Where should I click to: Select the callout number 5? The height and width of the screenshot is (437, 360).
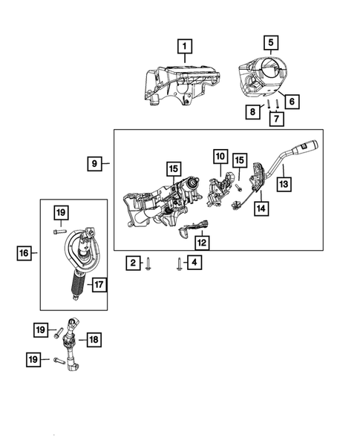coord(271,42)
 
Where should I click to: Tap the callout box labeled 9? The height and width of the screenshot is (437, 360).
coord(94,162)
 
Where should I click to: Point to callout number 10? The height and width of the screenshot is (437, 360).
coord(220,157)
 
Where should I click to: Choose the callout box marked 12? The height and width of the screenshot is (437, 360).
coord(201,242)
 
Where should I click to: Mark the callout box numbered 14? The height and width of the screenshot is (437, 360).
coord(261,209)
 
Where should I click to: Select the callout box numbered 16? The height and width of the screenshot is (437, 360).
coord(24,254)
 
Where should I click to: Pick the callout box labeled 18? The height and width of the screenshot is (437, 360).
coord(94,339)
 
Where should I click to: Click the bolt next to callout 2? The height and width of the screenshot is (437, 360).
coord(148,263)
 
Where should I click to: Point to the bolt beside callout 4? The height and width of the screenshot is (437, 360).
coord(179,263)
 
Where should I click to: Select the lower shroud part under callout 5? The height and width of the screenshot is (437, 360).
coord(264,78)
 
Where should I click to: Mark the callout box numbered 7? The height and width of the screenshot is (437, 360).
coord(275,118)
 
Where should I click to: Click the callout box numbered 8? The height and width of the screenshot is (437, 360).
coord(255,111)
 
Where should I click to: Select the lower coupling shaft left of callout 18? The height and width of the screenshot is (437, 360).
coord(73,349)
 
